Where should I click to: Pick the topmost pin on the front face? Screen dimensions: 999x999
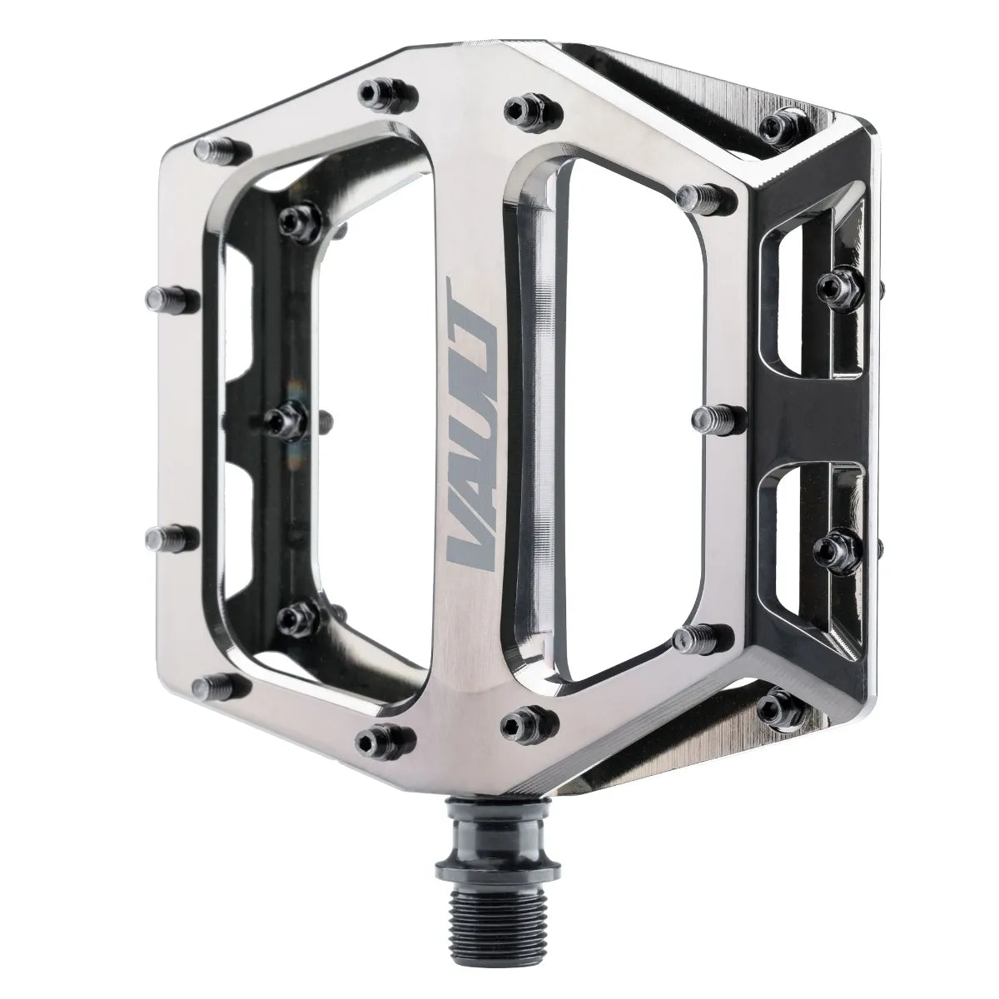pyautogui.click(x=379, y=91)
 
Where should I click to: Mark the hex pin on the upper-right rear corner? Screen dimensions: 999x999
pyautogui.click(x=778, y=126)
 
